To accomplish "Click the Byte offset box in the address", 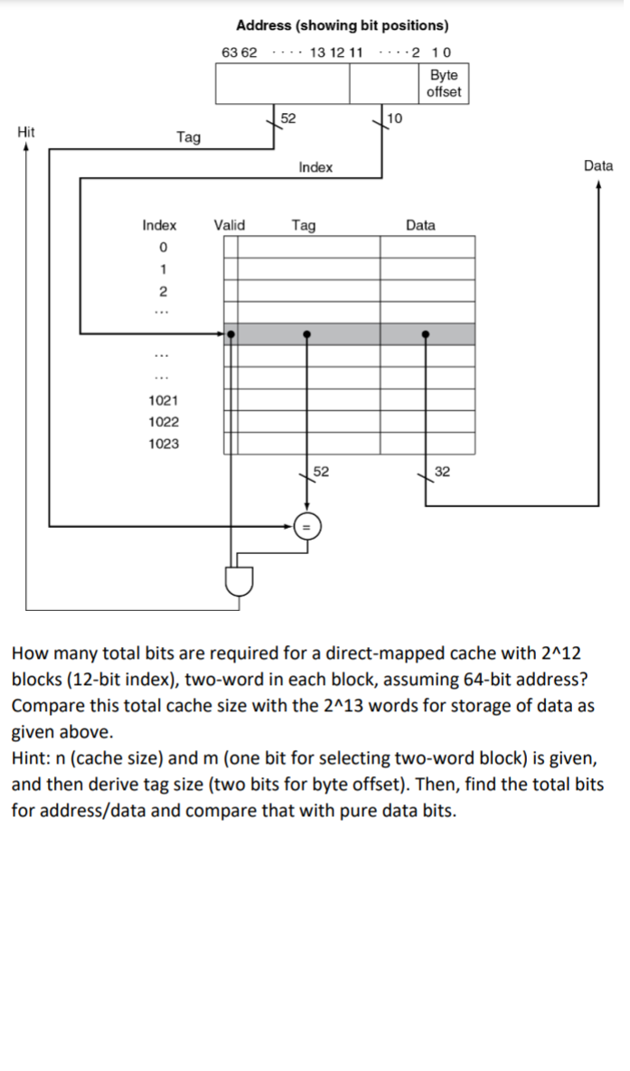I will [443, 84].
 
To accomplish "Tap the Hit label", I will [26, 132].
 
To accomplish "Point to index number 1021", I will [163, 400].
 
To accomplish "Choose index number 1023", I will [163, 444].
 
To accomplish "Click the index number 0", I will [163, 247].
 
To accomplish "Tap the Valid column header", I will [229, 225].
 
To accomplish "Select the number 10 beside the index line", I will [396, 117].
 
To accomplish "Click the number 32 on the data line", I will [442, 471].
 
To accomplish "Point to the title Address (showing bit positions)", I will [342, 25].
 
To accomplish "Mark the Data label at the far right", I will [598, 165].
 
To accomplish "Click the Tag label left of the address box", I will [189, 137].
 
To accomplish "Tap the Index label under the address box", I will [315, 167].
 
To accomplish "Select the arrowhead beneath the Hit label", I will [26, 149].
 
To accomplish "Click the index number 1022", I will [163, 422].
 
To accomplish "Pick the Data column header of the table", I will [420, 225].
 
